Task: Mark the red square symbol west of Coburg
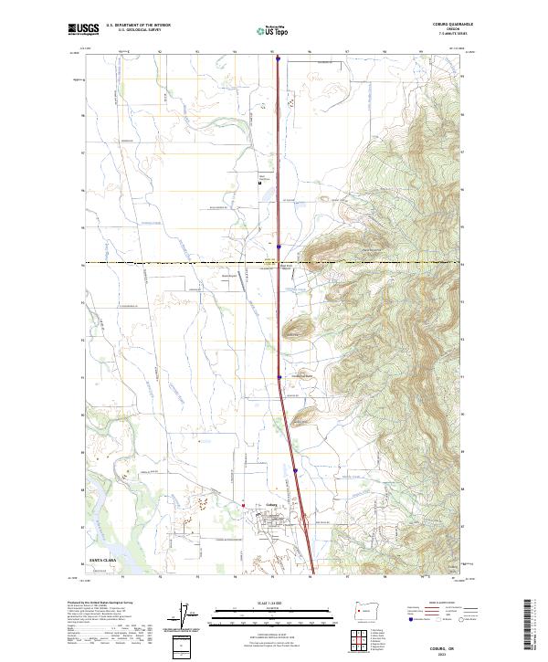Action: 244,503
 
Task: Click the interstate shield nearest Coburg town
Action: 296,471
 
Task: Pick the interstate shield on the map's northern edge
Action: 277,58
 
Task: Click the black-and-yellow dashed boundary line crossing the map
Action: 183,264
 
